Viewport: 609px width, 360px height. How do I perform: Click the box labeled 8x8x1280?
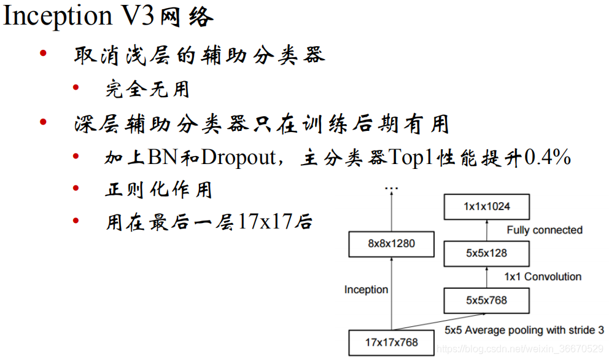click(x=391, y=244)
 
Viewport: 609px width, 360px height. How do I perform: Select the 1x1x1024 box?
click(x=486, y=207)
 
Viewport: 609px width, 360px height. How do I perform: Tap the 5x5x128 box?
click(x=486, y=253)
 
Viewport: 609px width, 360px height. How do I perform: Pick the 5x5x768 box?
click(x=486, y=300)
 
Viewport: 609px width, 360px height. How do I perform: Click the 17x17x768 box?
click(x=391, y=343)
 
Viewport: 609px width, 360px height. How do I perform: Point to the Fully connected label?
click(x=544, y=230)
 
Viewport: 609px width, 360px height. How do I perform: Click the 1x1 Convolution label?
click(x=543, y=276)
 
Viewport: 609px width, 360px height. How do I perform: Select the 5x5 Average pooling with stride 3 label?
click(x=524, y=330)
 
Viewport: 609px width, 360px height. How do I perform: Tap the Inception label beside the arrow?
click(x=366, y=289)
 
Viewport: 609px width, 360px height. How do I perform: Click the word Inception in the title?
click(x=58, y=17)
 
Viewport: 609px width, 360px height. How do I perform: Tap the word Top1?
click(x=410, y=157)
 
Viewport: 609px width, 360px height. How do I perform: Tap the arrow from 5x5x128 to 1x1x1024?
click(x=486, y=230)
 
